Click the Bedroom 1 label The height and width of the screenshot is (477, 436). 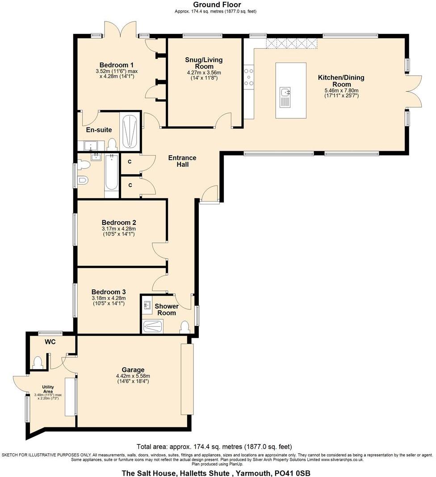(x=116, y=64)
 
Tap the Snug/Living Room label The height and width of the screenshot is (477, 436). (x=204, y=63)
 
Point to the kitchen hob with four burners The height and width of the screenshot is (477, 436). (x=249, y=76)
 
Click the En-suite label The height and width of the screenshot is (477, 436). (x=99, y=130)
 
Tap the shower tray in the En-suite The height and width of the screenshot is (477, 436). (x=129, y=131)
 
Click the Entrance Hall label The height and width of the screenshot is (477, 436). (x=182, y=161)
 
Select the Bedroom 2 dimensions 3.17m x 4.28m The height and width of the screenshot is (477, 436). (x=118, y=229)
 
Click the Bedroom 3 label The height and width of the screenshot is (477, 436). (x=109, y=292)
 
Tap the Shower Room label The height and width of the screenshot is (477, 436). (x=167, y=309)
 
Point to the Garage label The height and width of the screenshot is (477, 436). (x=133, y=370)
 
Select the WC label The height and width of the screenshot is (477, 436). (x=50, y=342)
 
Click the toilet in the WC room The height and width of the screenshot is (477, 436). (x=38, y=361)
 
